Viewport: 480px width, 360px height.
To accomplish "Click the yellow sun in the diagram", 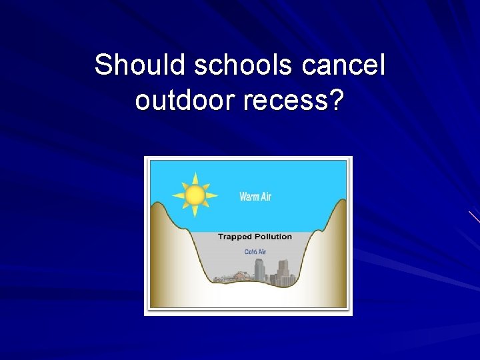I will pos(195,195).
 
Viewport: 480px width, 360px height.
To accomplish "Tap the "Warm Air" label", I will pos(255,197).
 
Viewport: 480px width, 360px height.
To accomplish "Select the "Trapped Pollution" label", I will pos(255,236).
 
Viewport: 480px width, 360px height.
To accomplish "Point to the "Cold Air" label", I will pos(255,251).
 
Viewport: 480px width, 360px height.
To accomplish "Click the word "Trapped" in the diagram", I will pos(235,236).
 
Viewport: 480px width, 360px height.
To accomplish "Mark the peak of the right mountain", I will pos(340,200).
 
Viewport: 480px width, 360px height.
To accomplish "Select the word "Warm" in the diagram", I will pos(249,197).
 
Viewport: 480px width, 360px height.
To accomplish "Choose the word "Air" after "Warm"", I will pos(265,197).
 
